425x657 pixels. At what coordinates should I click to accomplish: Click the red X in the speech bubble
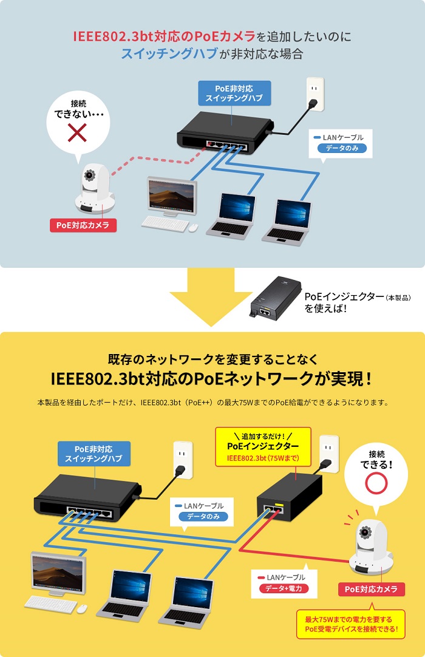point(78,132)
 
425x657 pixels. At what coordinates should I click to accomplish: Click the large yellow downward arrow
point(211,297)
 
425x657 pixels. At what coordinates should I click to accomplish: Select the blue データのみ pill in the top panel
point(342,148)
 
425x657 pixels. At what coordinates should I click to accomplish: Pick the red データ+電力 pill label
point(284,588)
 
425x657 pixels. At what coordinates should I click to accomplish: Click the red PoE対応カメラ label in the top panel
point(83,225)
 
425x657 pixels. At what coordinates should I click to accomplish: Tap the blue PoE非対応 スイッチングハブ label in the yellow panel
point(94,454)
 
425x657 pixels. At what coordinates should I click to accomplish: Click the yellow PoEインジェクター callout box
point(263,447)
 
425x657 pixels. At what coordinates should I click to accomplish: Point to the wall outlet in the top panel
point(315,94)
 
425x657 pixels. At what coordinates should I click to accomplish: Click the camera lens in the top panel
point(89,175)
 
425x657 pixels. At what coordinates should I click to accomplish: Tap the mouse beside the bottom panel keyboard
point(82,608)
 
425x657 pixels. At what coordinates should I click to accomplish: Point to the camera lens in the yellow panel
point(365,532)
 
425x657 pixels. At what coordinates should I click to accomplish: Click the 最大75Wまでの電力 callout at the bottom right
point(351,624)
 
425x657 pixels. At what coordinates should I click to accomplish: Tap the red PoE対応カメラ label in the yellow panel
point(371,589)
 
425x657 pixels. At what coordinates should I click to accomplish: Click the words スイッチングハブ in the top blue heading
point(169,53)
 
